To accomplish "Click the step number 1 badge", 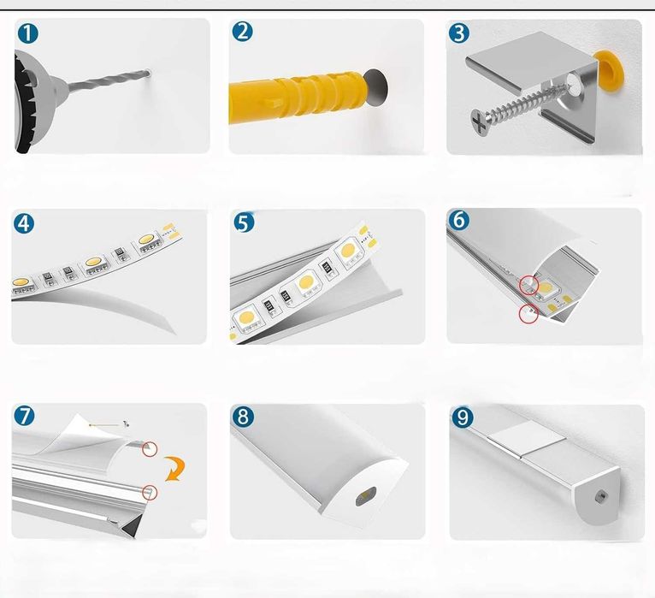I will pos(28,34).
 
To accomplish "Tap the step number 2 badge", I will pos(243,33).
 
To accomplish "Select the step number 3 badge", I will pos(460,33).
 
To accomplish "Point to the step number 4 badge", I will pos(25,224).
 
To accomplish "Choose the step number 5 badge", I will pos(244,223).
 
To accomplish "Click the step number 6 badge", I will pos(460,220).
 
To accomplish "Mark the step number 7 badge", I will pos(25,416).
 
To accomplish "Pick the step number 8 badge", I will pos(244,417).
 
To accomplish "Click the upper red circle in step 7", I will pos(150,449).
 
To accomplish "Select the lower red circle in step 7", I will pos(151,491).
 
